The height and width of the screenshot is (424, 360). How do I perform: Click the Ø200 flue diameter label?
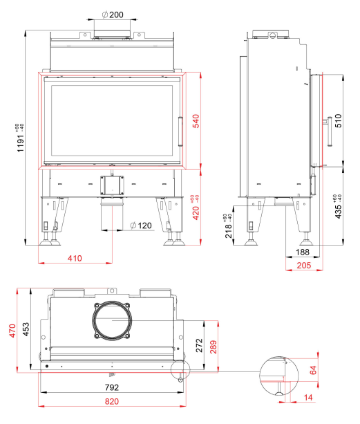pos(113,15)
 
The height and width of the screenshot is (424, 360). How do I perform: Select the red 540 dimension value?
pos(196,121)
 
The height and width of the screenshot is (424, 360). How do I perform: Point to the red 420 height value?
pos(196,212)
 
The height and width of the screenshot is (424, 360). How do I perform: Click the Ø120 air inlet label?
pos(141,225)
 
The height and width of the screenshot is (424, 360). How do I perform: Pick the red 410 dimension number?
pos(75,258)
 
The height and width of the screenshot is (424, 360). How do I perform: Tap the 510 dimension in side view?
pos(338,120)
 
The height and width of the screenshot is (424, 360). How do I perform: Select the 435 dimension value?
pos(338,211)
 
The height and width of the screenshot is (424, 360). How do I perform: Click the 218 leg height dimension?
pos(229,230)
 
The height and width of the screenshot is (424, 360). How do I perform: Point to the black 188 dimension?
pos(302,252)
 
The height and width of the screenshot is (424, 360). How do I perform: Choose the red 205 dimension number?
pos(304,266)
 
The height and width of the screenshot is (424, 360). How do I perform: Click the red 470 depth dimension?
pos(12,331)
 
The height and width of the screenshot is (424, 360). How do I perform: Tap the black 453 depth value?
pos(26,329)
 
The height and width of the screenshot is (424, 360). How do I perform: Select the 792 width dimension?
pos(112,387)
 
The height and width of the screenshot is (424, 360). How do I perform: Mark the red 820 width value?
pos(112,401)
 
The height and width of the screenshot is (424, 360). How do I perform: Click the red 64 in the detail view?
pos(313,370)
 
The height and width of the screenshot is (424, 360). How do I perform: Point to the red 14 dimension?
pos(308,397)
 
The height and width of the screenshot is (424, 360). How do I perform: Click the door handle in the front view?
pos(180,131)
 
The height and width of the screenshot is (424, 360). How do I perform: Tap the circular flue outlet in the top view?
pos(112,320)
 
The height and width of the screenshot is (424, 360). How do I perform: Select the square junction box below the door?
pos(112,185)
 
